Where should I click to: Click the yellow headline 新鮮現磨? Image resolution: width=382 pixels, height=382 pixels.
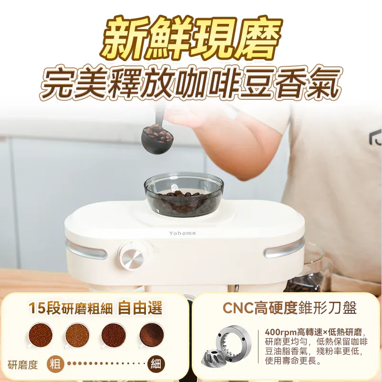pyautogui.click(x=191, y=38)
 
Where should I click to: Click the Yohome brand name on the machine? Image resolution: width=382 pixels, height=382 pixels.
pyautogui.click(x=182, y=233)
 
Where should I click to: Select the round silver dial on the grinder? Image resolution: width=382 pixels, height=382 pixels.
pyautogui.click(x=132, y=257)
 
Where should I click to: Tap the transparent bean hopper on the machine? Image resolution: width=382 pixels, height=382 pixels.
pyautogui.click(x=184, y=194)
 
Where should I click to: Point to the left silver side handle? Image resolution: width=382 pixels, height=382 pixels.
pyautogui.click(x=86, y=249)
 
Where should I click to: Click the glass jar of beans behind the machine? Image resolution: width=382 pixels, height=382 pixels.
pyautogui.click(x=310, y=272)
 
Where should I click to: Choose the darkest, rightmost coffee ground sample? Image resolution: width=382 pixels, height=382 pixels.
pyautogui.click(x=152, y=335)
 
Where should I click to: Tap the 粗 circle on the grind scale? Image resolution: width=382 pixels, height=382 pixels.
pyautogui.click(x=56, y=364)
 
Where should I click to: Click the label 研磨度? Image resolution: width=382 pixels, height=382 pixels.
pyautogui.click(x=23, y=365)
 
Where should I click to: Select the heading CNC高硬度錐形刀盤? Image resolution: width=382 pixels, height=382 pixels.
pyautogui.click(x=289, y=308)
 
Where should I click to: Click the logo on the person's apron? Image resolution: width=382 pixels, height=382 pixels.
pyautogui.click(x=375, y=138)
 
